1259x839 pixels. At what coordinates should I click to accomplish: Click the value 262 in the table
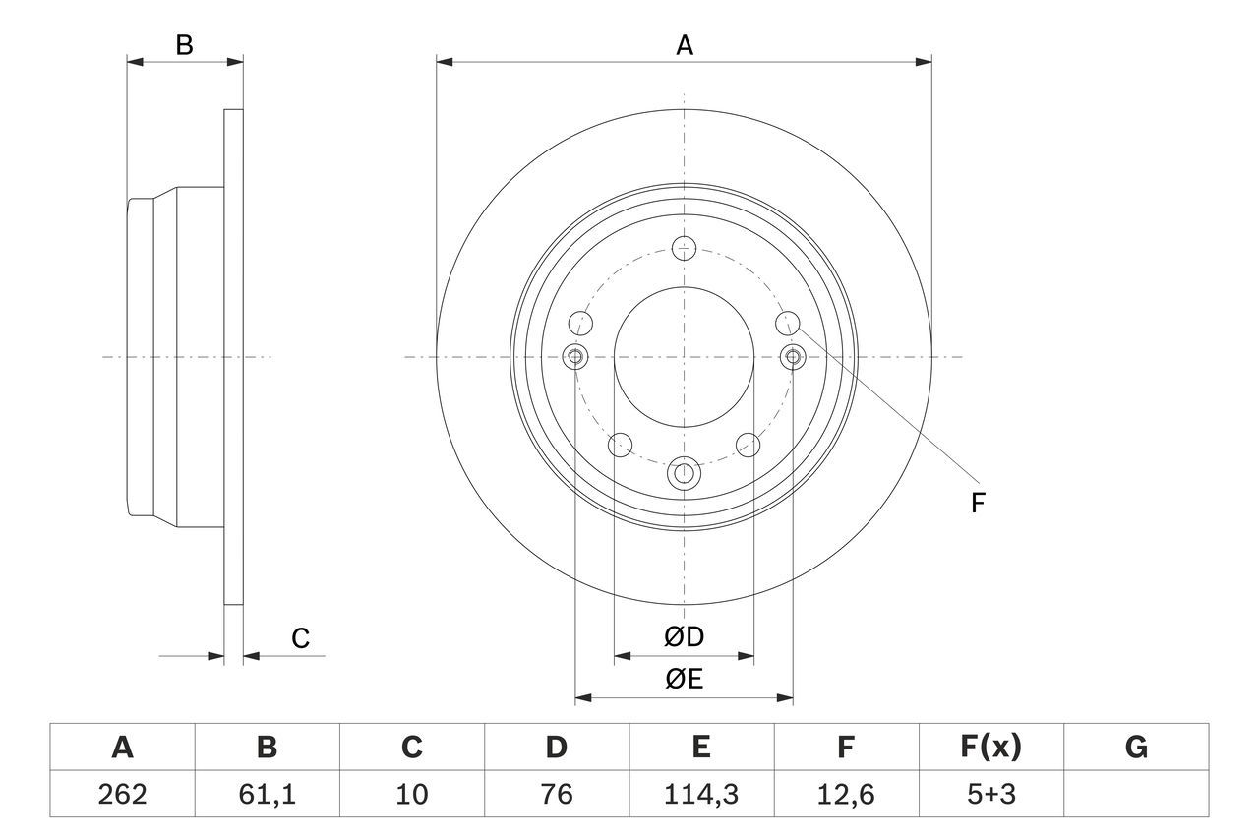pyautogui.click(x=123, y=794)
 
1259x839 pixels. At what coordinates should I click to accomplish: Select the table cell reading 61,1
pyautogui.click(x=268, y=794)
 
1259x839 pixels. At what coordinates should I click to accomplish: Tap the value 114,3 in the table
pyautogui.click(x=700, y=794)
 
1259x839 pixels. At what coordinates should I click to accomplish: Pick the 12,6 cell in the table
pyautogui.click(x=845, y=794)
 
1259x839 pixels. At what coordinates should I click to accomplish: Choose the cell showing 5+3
pyautogui.click(x=990, y=794)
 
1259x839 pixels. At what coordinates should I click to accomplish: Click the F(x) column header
pyautogui.click(x=990, y=748)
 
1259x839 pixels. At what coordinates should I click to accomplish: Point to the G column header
pyautogui.click(x=1136, y=748)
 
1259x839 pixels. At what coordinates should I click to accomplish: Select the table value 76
pyautogui.click(x=556, y=794)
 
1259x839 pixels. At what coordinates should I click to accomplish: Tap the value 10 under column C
pyautogui.click(x=412, y=794)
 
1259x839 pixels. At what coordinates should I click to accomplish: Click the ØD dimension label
pyautogui.click(x=685, y=637)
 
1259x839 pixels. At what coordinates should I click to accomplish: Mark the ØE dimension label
pyautogui.click(x=685, y=680)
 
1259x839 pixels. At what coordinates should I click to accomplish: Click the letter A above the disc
pyautogui.click(x=685, y=45)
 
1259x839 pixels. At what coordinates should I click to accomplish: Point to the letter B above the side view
pyautogui.click(x=184, y=45)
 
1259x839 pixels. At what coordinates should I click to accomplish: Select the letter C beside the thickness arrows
pyautogui.click(x=300, y=638)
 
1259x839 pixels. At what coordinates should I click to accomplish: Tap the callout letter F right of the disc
pyautogui.click(x=977, y=504)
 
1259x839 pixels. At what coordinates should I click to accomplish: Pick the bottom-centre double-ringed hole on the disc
pyautogui.click(x=685, y=474)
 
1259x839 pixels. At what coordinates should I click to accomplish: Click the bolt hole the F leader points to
pyautogui.click(x=788, y=323)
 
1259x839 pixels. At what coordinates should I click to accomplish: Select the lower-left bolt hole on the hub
pyautogui.click(x=620, y=445)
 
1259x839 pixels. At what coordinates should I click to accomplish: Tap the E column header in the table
pyautogui.click(x=700, y=748)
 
